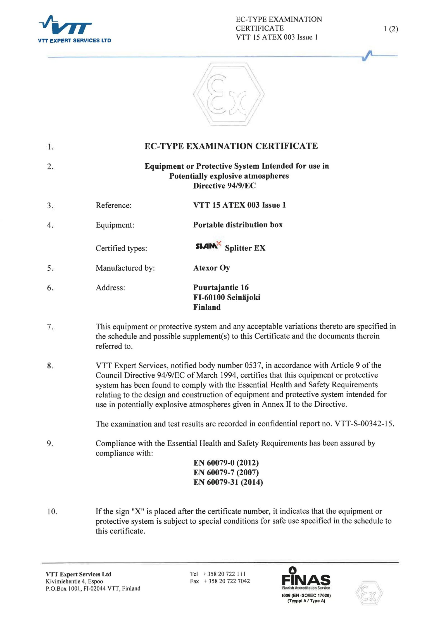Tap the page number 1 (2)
coord(391,29)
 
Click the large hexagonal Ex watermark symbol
coord(229,94)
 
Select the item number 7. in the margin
coord(50,327)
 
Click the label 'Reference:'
coord(113,206)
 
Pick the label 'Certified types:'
coord(121,248)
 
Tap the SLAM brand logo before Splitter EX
coord(208,245)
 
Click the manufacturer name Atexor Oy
coord(211,268)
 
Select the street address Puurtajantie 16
coord(221,287)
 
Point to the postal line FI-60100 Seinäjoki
coord(227,297)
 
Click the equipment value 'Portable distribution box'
coord(238,225)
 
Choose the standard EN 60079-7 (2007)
coord(226,473)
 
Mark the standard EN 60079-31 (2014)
coord(228,482)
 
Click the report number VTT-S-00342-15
coord(364,424)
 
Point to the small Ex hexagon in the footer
coord(369,593)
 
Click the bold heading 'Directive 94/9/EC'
coord(224,186)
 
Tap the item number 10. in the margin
coord(52,512)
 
